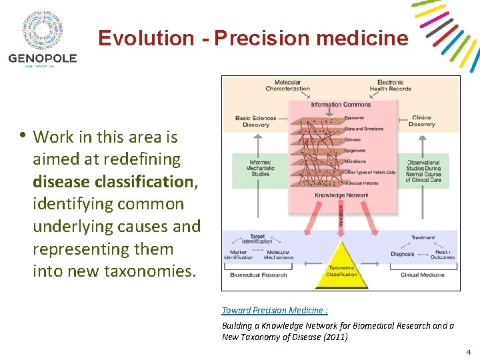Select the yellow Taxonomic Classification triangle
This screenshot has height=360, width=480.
341,267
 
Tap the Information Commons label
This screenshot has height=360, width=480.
341,104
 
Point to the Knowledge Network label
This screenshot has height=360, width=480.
341,195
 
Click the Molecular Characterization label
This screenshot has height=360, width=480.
287,85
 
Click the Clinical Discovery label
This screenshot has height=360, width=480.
422,121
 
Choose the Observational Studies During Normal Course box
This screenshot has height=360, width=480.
423,171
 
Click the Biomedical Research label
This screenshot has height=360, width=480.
259,275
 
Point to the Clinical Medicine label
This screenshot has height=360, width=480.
423,275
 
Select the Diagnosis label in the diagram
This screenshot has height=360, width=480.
403,254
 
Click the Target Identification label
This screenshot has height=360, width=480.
257,239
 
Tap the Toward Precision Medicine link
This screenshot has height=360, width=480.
275,310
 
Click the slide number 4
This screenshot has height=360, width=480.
469,351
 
